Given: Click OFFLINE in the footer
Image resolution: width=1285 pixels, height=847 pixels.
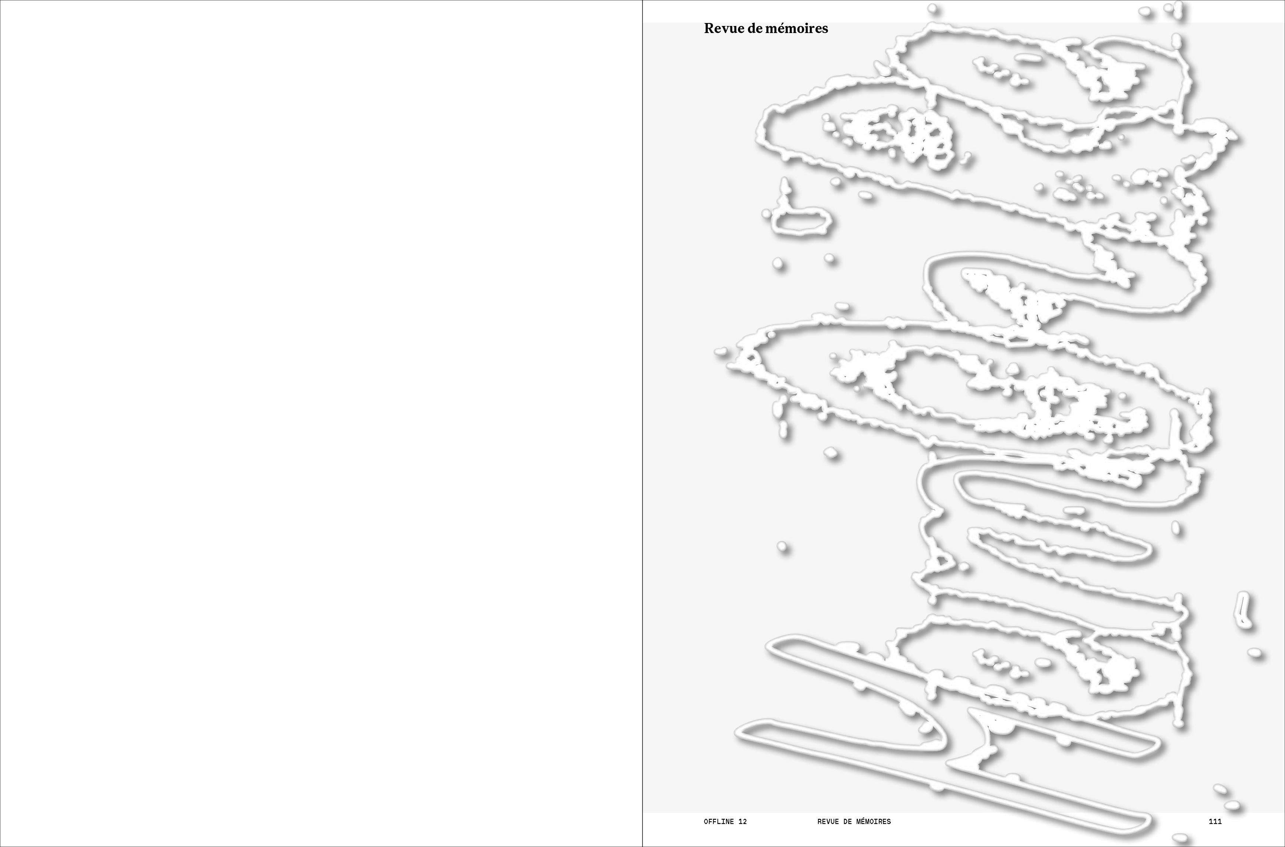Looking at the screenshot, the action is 719,822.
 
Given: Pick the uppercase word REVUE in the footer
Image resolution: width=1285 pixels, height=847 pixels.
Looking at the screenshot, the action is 828,822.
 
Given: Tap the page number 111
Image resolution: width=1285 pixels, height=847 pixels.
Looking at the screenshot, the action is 1215,822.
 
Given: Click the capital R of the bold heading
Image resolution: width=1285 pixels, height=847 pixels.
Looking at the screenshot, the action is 709,29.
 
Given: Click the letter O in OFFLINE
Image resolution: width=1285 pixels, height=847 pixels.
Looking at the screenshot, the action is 706,822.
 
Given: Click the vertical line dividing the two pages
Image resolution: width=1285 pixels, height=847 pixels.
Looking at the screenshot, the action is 642,424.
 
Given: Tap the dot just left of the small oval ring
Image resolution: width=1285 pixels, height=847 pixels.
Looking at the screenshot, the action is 766,214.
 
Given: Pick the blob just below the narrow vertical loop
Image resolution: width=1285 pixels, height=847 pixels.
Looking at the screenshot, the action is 1255,653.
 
